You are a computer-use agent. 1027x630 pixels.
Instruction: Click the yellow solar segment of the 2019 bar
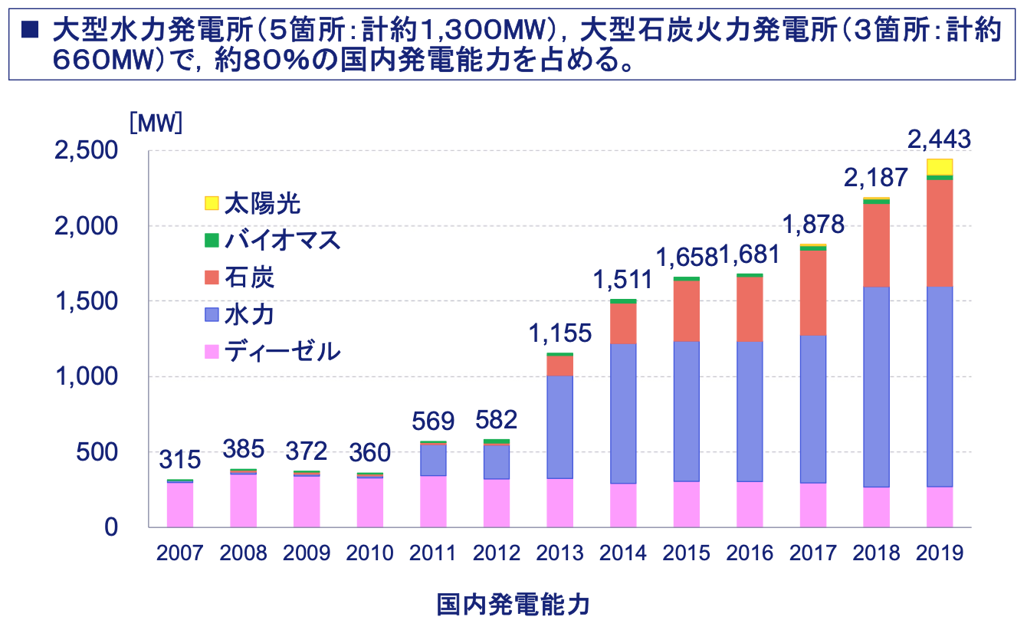click(x=939, y=167)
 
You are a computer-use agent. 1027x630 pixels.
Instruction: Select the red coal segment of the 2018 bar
click(x=876, y=245)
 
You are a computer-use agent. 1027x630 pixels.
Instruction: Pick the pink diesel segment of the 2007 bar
click(x=180, y=504)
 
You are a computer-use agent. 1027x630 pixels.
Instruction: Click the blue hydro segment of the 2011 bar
click(x=433, y=460)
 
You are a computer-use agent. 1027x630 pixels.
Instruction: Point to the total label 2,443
click(x=939, y=139)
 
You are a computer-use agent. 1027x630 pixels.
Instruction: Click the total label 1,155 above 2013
click(x=559, y=334)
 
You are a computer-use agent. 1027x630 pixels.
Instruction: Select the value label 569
click(x=433, y=422)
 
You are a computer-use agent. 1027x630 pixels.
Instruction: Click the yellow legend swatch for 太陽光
click(x=212, y=203)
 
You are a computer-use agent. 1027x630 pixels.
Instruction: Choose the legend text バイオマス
click(x=282, y=241)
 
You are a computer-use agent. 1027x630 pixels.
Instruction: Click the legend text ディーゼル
click(x=282, y=352)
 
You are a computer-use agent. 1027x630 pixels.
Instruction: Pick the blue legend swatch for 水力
click(x=212, y=315)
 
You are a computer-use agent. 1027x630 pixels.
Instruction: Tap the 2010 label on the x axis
click(x=369, y=553)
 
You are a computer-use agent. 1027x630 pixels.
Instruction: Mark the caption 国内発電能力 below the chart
click(x=513, y=605)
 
